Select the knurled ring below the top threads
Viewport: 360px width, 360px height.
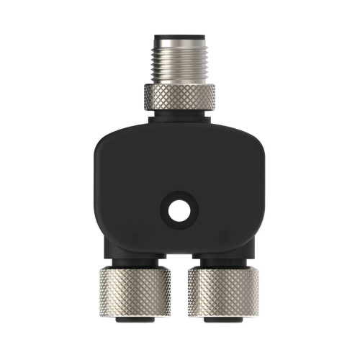point(179,94)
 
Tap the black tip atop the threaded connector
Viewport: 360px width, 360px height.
point(179,34)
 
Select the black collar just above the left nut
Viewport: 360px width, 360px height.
point(135,258)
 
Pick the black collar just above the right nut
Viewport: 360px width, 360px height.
point(224,258)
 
